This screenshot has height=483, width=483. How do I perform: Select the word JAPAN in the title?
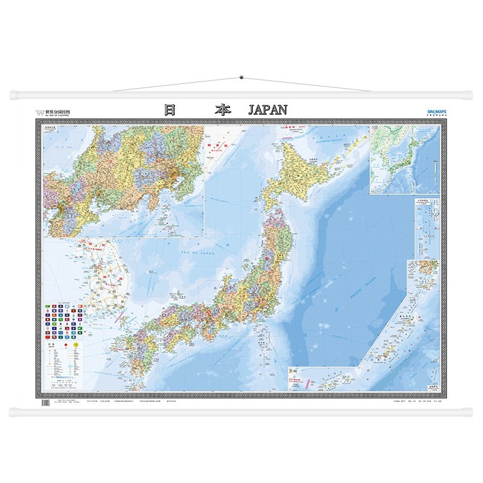267,110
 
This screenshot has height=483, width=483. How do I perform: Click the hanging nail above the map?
241,77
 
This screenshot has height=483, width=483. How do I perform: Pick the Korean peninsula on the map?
106,275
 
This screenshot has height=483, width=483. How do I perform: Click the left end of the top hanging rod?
13,95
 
